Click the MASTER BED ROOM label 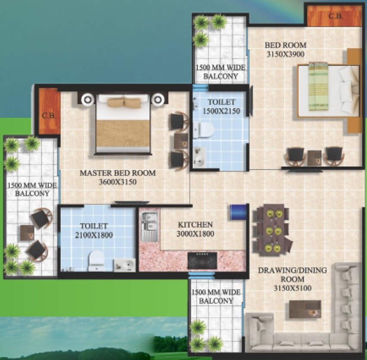(118, 173)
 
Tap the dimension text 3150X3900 (285, 54)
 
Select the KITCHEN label (196, 225)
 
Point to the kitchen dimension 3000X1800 (195, 234)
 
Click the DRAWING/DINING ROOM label (293, 275)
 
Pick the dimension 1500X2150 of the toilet (221, 111)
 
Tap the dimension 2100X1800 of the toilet (94, 235)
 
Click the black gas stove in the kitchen (202, 261)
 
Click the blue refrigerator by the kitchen (238, 212)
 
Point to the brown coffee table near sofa (305, 309)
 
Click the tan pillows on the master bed (124, 102)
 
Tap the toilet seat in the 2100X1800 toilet (96, 260)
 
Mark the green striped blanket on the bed (318, 86)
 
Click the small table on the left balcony (27, 233)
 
